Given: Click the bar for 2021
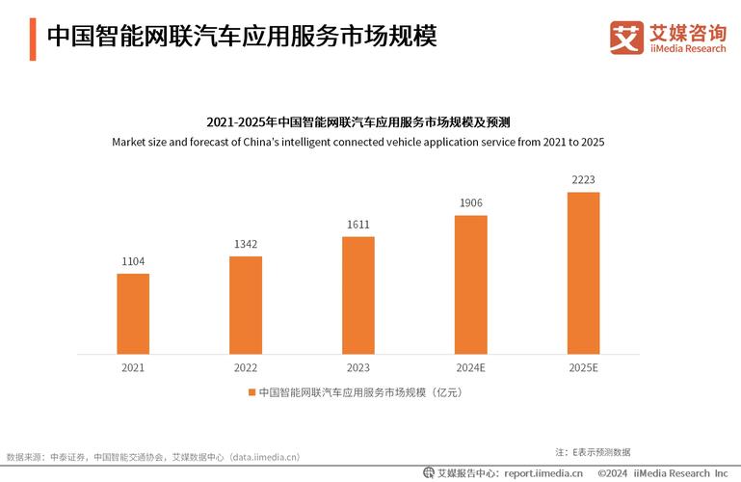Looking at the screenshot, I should [x=133, y=314].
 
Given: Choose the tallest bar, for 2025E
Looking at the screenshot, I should [x=583, y=274].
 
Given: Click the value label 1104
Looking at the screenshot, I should [x=133, y=262].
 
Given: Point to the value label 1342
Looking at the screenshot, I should [x=246, y=244].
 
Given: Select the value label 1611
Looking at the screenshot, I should [x=357, y=225].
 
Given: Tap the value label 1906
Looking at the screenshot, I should [x=470, y=202].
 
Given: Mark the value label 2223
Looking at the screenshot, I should [x=583, y=180].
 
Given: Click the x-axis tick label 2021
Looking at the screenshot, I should [x=133, y=367].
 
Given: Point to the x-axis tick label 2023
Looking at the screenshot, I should [x=357, y=367].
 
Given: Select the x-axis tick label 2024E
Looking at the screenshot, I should [x=470, y=367].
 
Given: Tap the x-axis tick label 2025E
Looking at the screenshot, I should [x=583, y=367].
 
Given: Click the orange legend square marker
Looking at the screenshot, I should [x=252, y=392].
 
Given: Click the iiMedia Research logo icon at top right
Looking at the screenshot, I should [x=626, y=38].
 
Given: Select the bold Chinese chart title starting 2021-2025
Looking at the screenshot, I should [x=357, y=122].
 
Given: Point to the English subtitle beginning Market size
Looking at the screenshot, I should [x=357, y=142].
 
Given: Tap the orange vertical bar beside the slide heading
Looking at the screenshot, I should [x=33, y=38].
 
